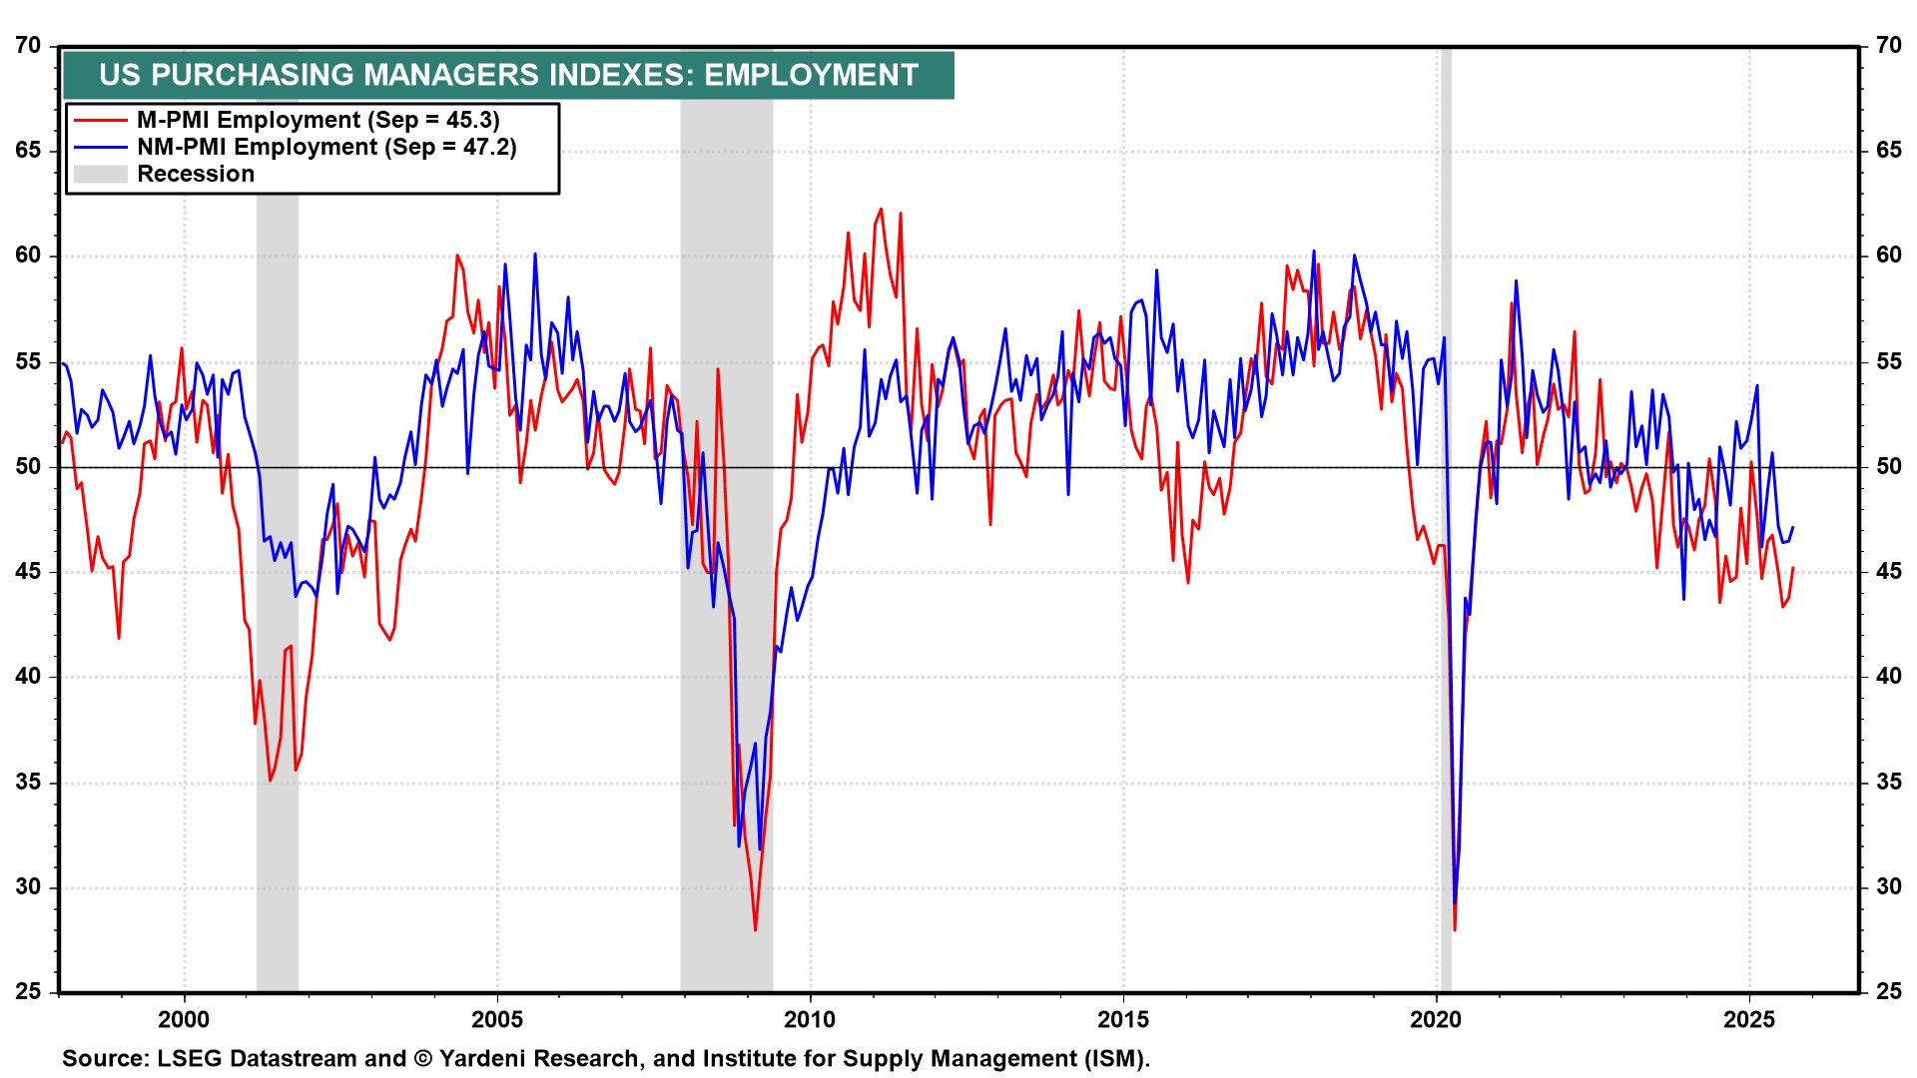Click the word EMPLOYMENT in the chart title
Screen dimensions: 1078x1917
pos(811,75)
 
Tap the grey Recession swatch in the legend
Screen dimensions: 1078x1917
pos(100,174)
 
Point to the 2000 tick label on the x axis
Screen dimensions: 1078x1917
pos(185,1019)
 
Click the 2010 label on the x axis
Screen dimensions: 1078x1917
pos(810,1019)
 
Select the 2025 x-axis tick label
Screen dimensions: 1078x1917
pos(1749,1019)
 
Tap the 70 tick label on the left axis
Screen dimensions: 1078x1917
pos(28,46)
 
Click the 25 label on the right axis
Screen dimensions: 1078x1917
pos(1888,991)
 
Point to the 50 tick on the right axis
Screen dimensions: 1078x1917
pos(1888,466)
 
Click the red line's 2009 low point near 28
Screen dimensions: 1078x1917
pos(755,930)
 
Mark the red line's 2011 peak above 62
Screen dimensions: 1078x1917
pos(881,209)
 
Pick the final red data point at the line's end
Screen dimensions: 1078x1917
pos(1793,568)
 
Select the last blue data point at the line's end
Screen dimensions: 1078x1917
pos(1793,527)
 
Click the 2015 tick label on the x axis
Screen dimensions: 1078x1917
pos(1122,1019)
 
